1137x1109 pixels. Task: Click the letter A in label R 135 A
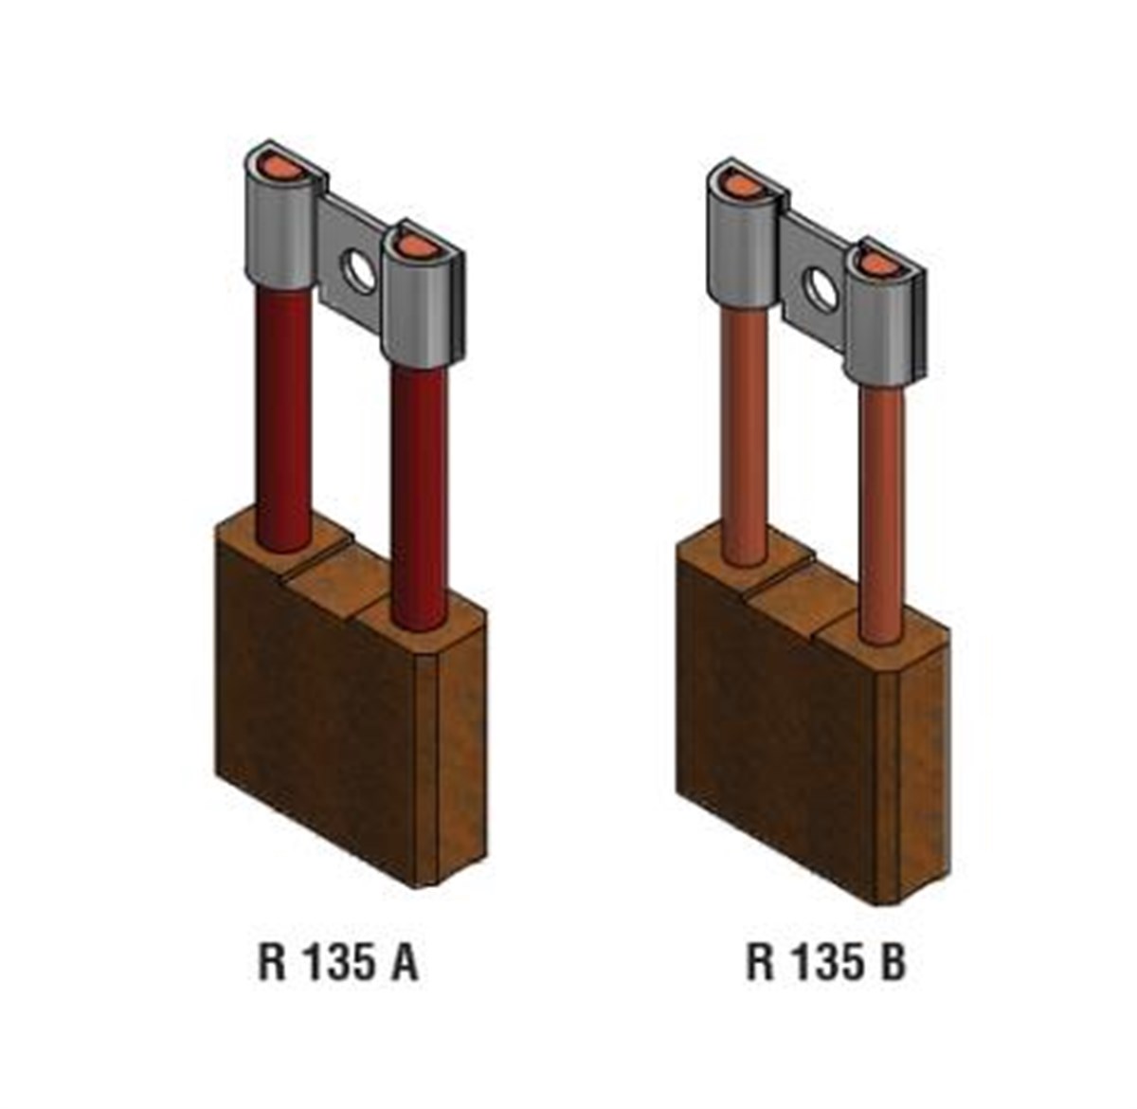[401, 963]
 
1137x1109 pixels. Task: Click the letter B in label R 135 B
[888, 963]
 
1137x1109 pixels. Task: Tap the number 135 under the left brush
[337, 963]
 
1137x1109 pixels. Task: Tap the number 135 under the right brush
[825, 963]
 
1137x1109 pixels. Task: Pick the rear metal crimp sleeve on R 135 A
[281, 232]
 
